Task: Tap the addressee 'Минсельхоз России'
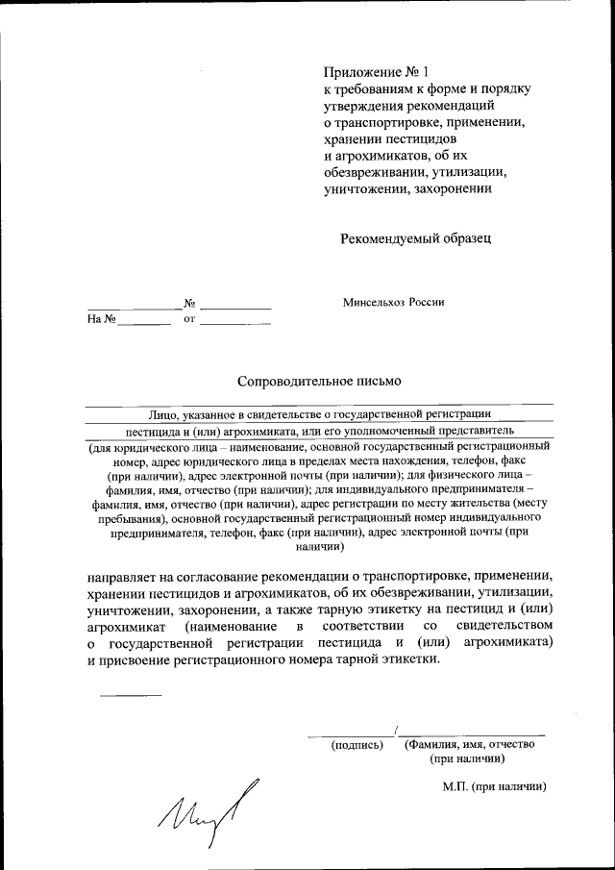[394, 302]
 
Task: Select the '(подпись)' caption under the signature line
[357, 744]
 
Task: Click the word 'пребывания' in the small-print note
[123, 517]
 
